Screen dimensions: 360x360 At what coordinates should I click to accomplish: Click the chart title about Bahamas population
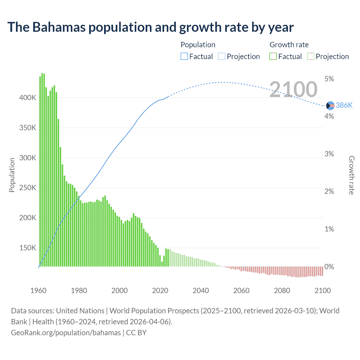coord(150,27)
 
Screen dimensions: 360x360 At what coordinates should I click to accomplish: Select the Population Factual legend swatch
coord(184,56)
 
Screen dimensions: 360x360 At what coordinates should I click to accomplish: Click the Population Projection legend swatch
coord(221,56)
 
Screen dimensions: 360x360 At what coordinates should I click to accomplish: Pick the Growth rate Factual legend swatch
coord(273,56)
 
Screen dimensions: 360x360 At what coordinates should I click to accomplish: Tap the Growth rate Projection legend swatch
coord(310,56)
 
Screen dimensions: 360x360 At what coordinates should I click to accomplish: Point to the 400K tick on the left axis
coord(28,98)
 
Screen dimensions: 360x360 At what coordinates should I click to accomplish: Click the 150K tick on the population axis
coord(28,248)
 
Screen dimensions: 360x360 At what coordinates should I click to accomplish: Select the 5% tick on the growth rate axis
coord(329,79)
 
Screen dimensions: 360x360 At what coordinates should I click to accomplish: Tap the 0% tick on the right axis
coord(329,267)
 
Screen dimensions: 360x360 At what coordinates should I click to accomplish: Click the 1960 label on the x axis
coord(38,291)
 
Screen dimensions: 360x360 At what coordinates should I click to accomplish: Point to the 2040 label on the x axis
coord(201,291)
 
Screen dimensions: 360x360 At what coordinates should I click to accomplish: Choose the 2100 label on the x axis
coord(323,291)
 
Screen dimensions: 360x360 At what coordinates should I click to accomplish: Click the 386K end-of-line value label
coord(344,105)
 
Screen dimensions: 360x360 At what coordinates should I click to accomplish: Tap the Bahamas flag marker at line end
coord(330,106)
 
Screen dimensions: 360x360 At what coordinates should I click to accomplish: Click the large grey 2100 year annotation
coord(293,89)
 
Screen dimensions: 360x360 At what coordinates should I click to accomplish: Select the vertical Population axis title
coord(12,175)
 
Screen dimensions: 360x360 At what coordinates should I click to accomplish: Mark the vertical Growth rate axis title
coord(351,175)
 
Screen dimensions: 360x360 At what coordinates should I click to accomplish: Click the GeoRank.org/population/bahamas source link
coord(66,333)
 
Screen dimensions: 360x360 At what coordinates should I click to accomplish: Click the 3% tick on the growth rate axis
coord(329,154)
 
